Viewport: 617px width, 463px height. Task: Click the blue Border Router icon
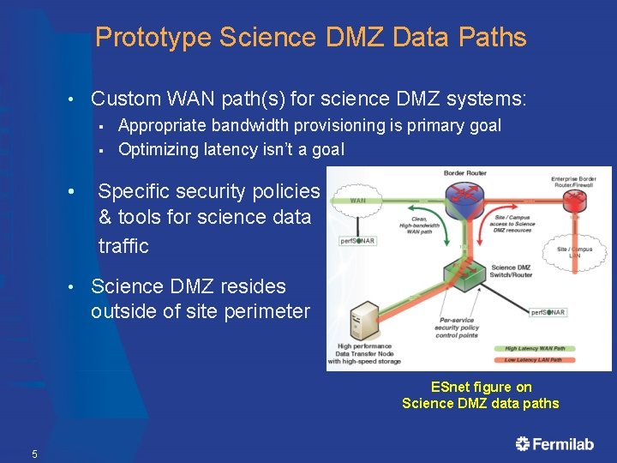tap(464, 195)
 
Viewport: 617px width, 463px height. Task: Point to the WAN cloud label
tap(358, 201)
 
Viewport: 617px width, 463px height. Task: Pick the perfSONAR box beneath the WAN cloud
tap(357, 241)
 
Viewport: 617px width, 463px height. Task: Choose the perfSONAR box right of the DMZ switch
tap(548, 312)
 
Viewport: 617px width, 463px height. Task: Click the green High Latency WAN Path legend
tap(536, 348)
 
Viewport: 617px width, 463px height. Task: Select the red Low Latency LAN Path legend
tap(536, 360)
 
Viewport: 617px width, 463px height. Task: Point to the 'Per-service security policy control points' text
tap(457, 328)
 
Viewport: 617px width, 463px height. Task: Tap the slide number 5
tap(34, 454)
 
